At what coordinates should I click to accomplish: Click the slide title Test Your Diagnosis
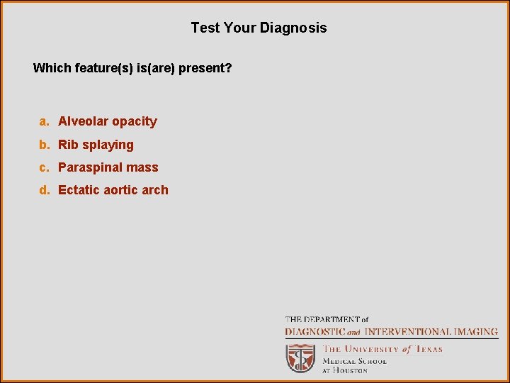coord(259,28)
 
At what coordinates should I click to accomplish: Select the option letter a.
coord(44,121)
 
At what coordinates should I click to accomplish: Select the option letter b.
coord(44,145)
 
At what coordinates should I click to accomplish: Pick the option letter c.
coord(44,167)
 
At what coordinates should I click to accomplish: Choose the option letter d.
coord(44,190)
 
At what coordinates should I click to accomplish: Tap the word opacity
coord(135,122)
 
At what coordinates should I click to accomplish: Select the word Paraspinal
coord(90,168)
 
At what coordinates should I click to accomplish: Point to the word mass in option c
coord(142,168)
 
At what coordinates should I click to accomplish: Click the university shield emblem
coord(300,358)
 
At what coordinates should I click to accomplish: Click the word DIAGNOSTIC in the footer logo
coord(315,331)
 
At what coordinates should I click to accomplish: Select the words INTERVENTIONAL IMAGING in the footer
coord(431,331)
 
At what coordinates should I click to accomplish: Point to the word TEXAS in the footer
coord(429,349)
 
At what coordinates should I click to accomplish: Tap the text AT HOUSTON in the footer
coord(345,370)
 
